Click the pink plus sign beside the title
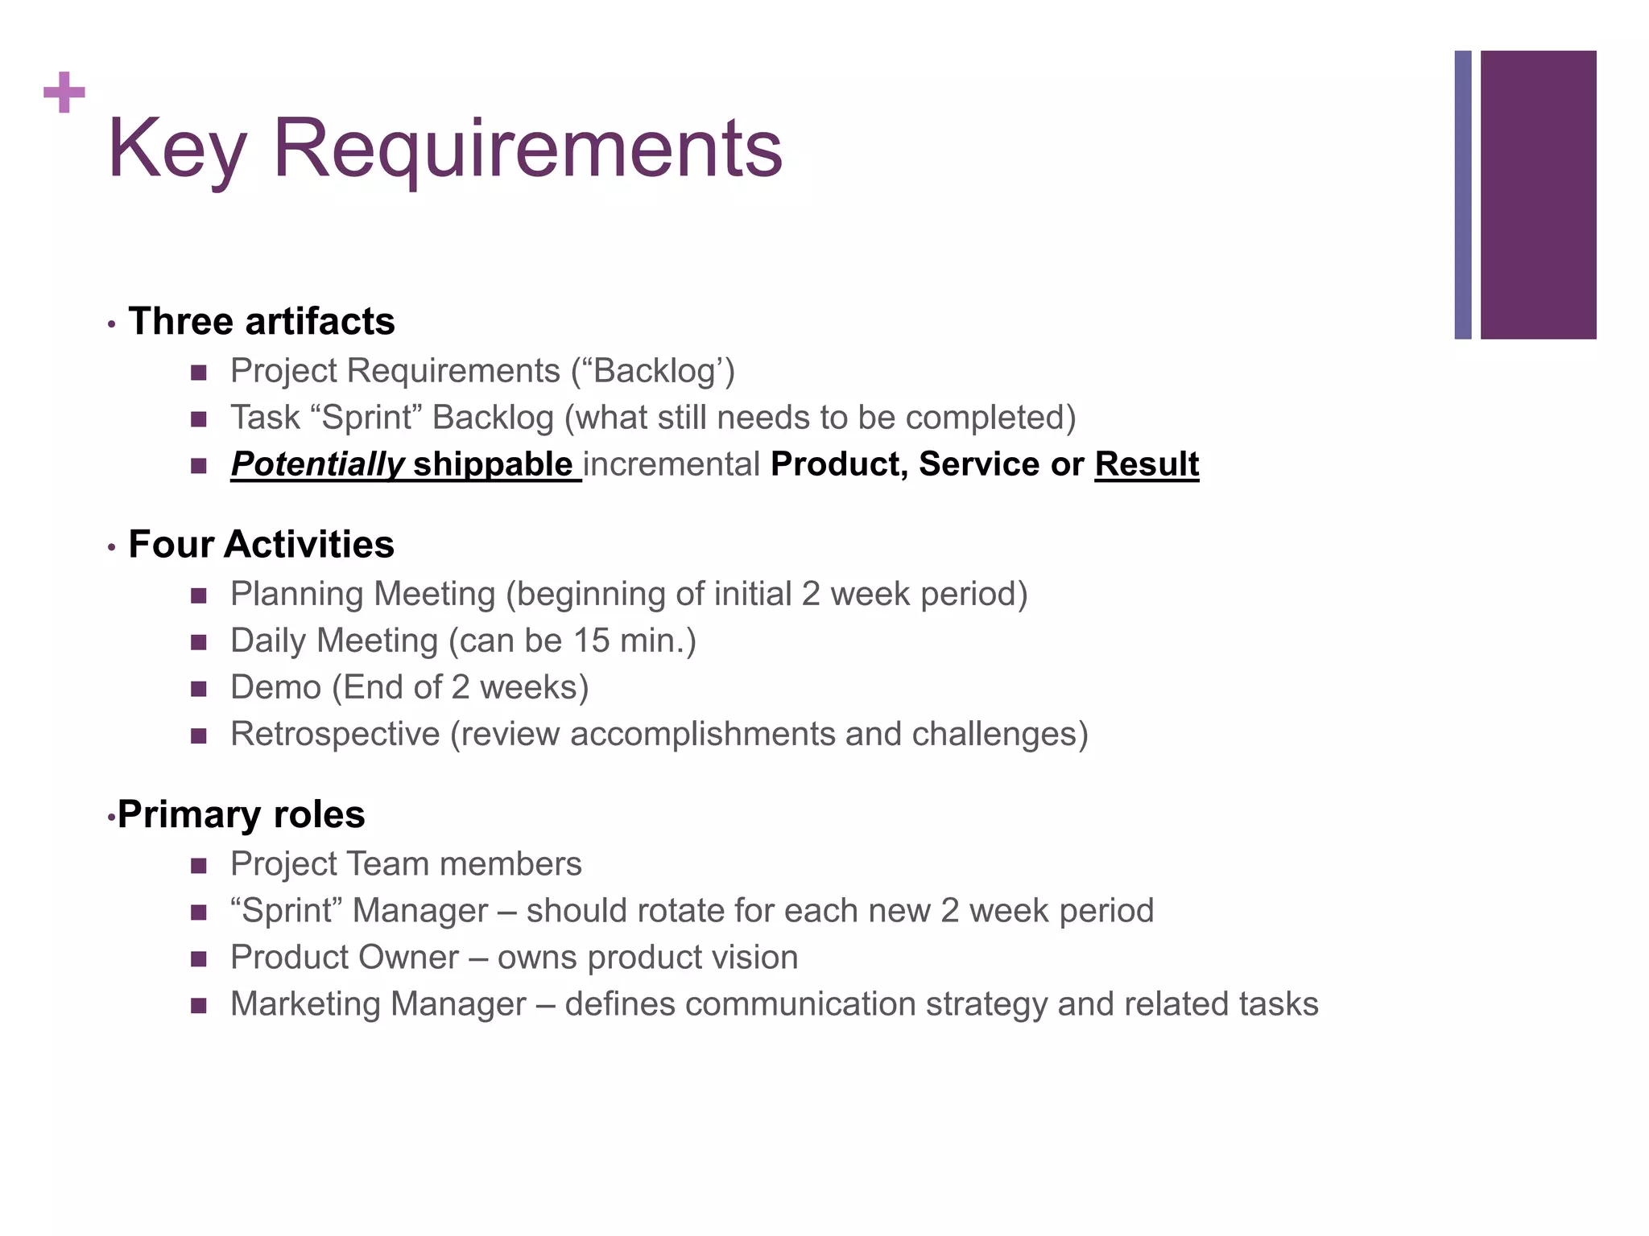[x=64, y=93]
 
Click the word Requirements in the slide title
[x=527, y=149]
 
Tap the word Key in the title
[x=176, y=149]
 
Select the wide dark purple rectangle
[x=1538, y=195]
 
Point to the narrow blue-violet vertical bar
[x=1463, y=195]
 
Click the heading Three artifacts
[x=262, y=322]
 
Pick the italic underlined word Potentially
[x=317, y=464]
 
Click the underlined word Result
[x=1147, y=464]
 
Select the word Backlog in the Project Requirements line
[x=653, y=371]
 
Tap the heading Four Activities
[x=262, y=545]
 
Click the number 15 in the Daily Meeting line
[x=591, y=641]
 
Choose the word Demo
[x=275, y=687]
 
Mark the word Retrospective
[x=334, y=734]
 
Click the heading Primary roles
[x=241, y=814]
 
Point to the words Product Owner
[x=345, y=958]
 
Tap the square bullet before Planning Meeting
[x=199, y=596]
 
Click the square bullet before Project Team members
[x=199, y=866]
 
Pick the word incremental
[x=672, y=464]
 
